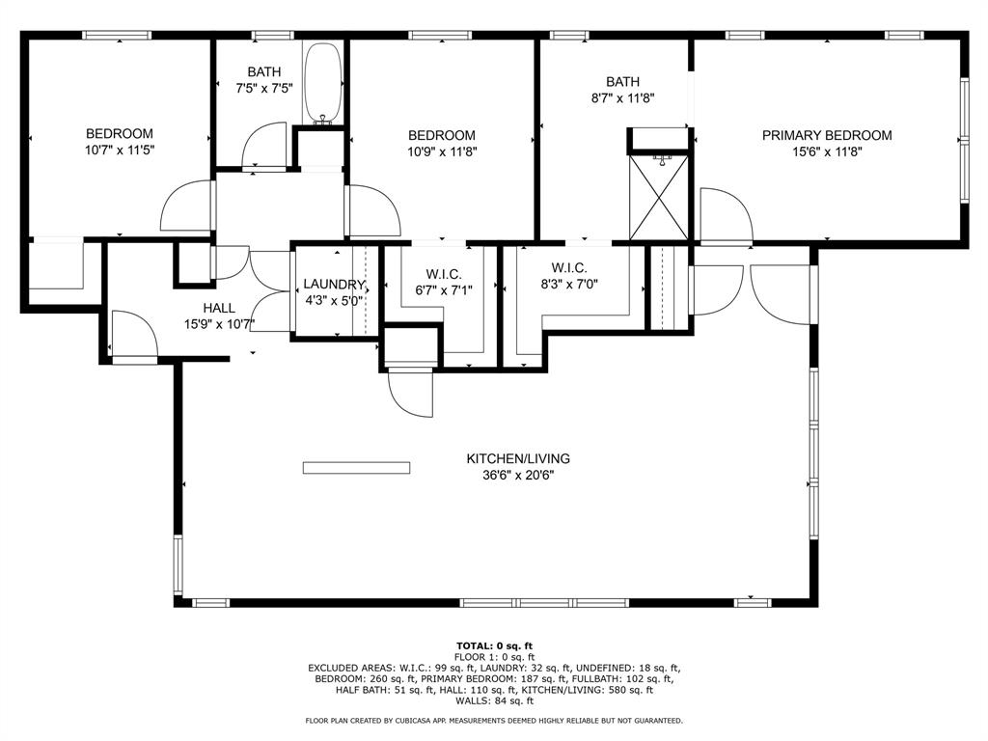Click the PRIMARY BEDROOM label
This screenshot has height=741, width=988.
[x=827, y=135]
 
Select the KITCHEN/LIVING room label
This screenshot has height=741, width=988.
[x=518, y=458]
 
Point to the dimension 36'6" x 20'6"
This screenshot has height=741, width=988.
[x=518, y=475]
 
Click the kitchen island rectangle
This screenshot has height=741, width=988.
[x=357, y=468]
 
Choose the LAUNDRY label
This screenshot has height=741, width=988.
[x=334, y=285]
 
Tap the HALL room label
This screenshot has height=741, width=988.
[x=219, y=308]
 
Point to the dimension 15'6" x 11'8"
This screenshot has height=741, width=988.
[x=827, y=151]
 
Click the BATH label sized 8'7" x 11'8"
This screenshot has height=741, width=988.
[x=622, y=82]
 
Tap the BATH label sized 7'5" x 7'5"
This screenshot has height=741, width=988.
[x=263, y=71]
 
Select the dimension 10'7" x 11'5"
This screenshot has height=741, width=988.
[x=120, y=150]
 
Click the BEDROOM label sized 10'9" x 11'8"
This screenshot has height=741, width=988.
[x=441, y=135]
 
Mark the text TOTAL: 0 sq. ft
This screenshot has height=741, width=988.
[x=494, y=645]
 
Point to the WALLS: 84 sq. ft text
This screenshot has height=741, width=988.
[x=494, y=700]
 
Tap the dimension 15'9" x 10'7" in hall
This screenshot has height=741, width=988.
[x=219, y=324]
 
